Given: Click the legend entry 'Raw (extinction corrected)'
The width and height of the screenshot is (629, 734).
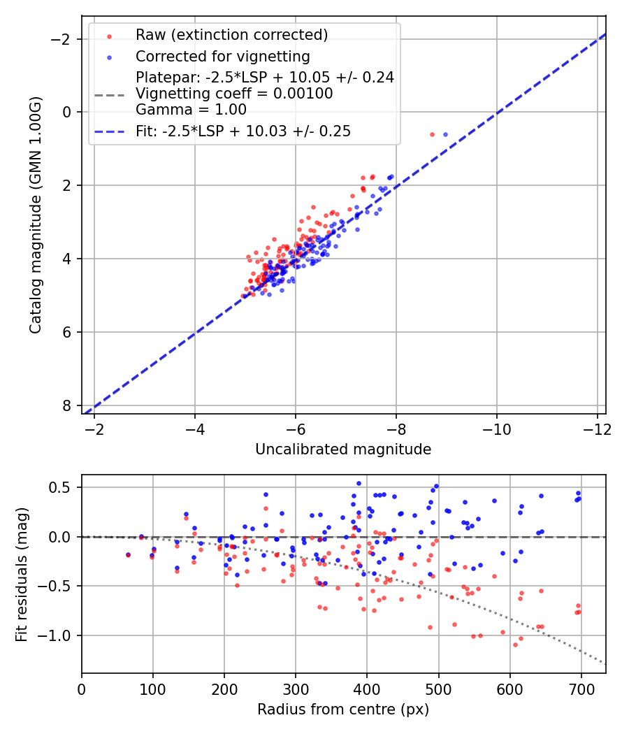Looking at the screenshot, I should (231, 35).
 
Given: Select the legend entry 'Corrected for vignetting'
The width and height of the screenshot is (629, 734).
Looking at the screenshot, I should (222, 56).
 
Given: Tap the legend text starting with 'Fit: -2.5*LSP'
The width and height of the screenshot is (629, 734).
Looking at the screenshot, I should (243, 131).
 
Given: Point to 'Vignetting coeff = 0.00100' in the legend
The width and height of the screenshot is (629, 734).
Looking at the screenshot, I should (234, 94).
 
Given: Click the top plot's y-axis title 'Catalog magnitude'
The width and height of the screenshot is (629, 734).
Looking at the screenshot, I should (36, 215).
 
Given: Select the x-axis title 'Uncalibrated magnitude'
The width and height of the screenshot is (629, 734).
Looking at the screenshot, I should (343, 449).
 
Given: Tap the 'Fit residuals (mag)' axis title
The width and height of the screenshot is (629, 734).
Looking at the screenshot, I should (22, 574).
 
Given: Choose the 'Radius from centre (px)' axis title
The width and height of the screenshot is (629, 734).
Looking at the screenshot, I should (343, 710).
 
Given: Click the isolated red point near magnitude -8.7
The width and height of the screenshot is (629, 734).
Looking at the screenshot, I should (432, 134).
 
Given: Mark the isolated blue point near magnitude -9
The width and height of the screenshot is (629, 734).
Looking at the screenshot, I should (445, 134).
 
